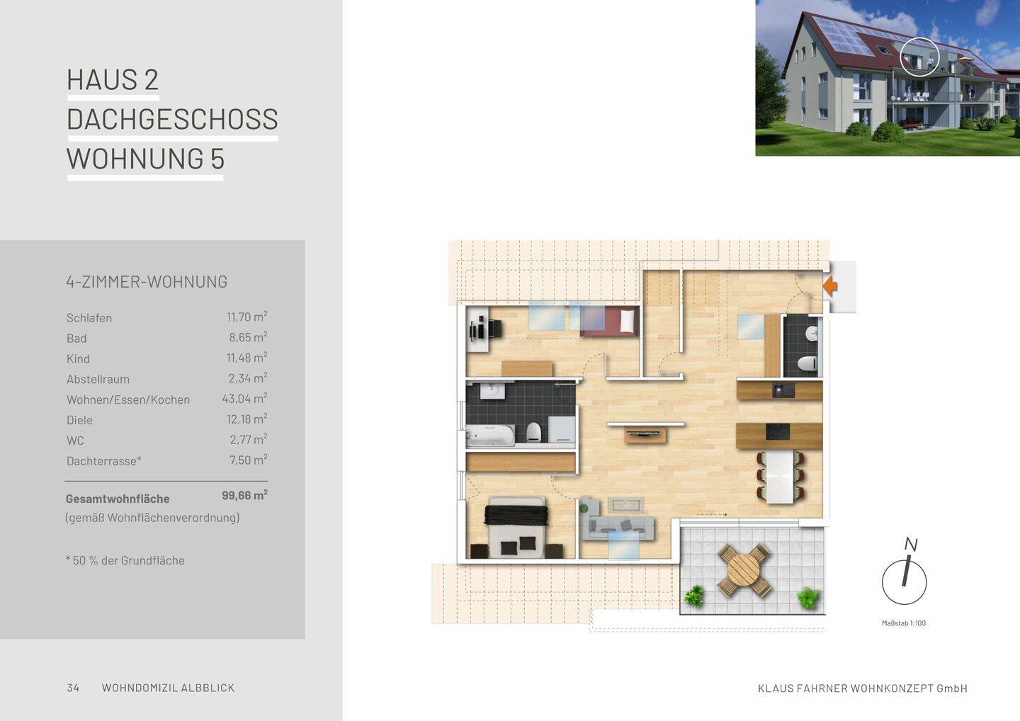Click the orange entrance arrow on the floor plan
[x=830, y=286]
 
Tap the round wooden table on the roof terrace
[x=744, y=570]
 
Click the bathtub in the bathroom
[x=490, y=436]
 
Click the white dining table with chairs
[x=781, y=477]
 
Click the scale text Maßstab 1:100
[x=904, y=623]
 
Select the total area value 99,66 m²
[x=244, y=495]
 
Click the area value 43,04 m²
[x=244, y=398]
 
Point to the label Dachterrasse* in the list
[x=104, y=461]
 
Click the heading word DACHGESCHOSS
[x=173, y=119]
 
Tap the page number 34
[x=73, y=688]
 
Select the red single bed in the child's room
[x=610, y=321]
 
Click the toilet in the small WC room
[x=807, y=363]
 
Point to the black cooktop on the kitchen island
[x=778, y=431]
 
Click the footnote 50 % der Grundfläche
[x=125, y=560]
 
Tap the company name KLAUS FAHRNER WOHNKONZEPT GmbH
[x=863, y=688]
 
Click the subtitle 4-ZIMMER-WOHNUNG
[x=147, y=282]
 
